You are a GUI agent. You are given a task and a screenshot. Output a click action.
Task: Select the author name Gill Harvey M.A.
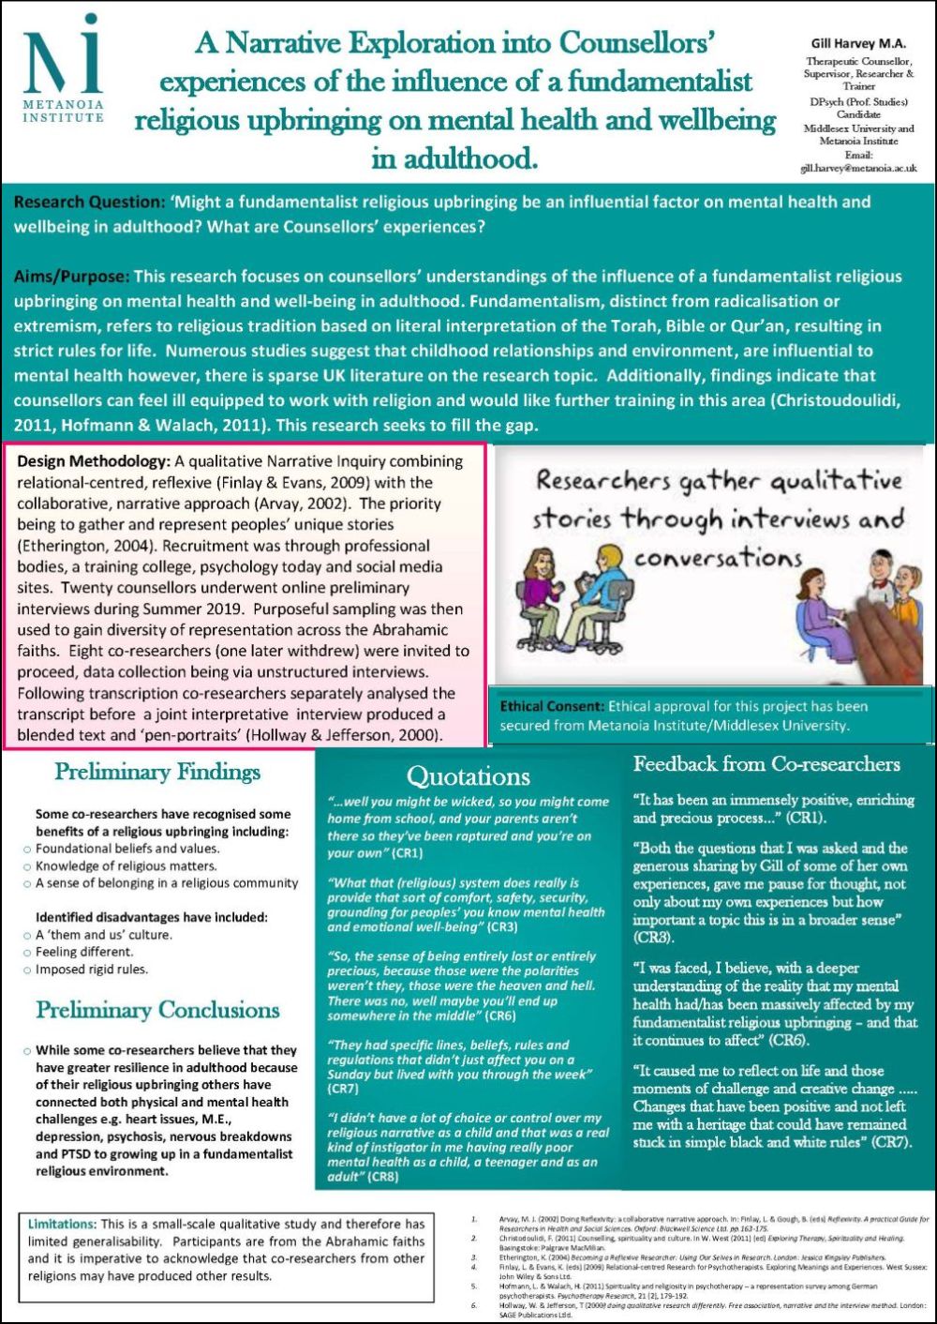point(858,43)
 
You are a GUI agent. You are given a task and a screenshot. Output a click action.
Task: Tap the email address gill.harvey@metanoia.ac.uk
point(858,169)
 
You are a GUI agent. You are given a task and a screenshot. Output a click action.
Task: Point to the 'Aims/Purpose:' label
point(71,277)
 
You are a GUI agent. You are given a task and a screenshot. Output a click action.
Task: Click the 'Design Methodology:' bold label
point(93,461)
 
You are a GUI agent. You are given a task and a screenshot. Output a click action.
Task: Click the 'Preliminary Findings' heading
point(157,772)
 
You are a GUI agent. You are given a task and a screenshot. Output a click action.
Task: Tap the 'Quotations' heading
point(468,776)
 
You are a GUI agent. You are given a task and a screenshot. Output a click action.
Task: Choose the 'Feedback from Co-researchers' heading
point(766,764)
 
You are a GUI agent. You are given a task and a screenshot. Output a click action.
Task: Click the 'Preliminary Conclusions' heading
point(157,1010)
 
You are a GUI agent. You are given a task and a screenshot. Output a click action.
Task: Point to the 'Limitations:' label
point(62,1224)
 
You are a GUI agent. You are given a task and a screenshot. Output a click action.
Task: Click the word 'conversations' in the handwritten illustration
point(718,559)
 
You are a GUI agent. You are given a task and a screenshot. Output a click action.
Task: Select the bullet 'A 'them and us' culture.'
point(104,935)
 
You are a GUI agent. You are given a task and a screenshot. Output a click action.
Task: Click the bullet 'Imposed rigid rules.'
point(92,970)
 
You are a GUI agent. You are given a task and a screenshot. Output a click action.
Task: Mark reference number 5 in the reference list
point(474,1286)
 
